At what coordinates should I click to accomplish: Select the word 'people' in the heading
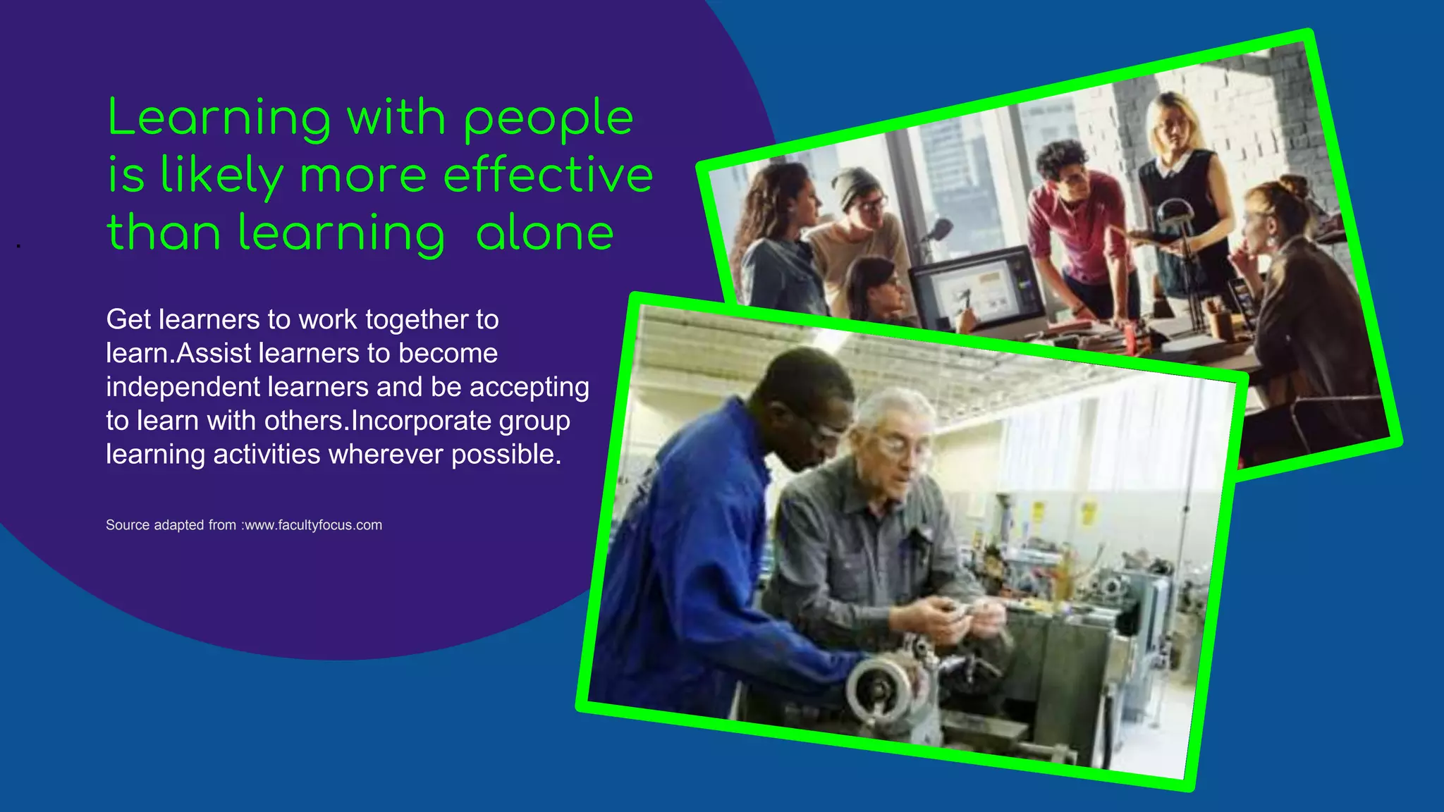pos(549,118)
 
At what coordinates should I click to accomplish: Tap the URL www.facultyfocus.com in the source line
pos(313,525)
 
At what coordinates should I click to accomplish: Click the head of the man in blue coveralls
pos(811,402)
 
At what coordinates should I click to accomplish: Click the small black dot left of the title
pos(18,246)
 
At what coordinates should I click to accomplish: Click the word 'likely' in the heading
pos(221,176)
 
